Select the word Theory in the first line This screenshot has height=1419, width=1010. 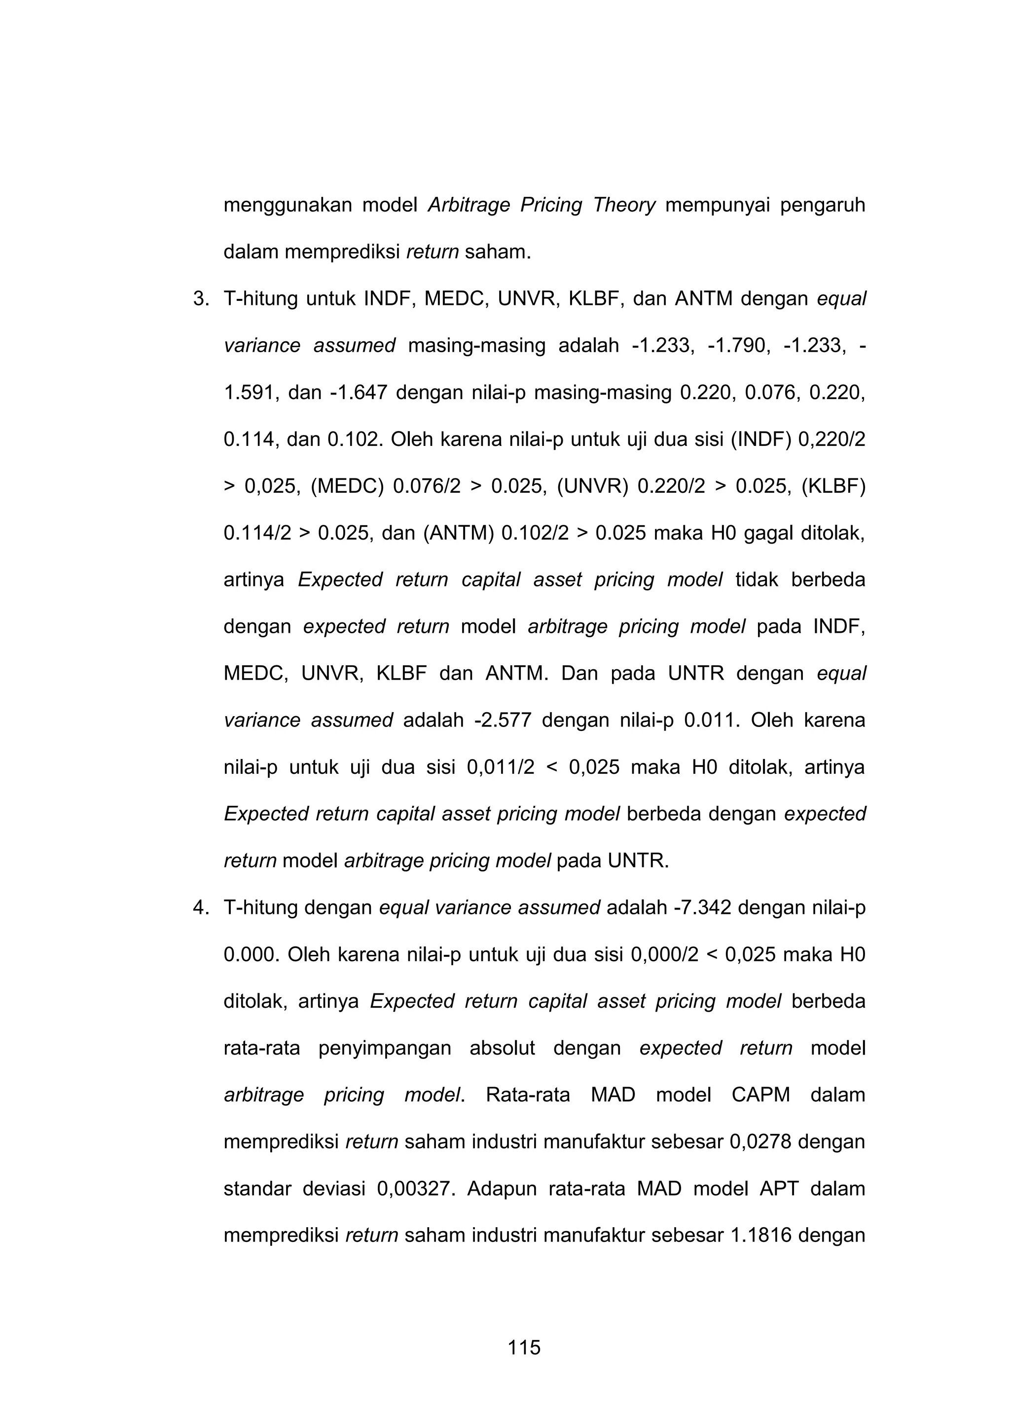[624, 205]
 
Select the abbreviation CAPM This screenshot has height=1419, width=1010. [760, 1095]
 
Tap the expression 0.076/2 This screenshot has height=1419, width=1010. [427, 486]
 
